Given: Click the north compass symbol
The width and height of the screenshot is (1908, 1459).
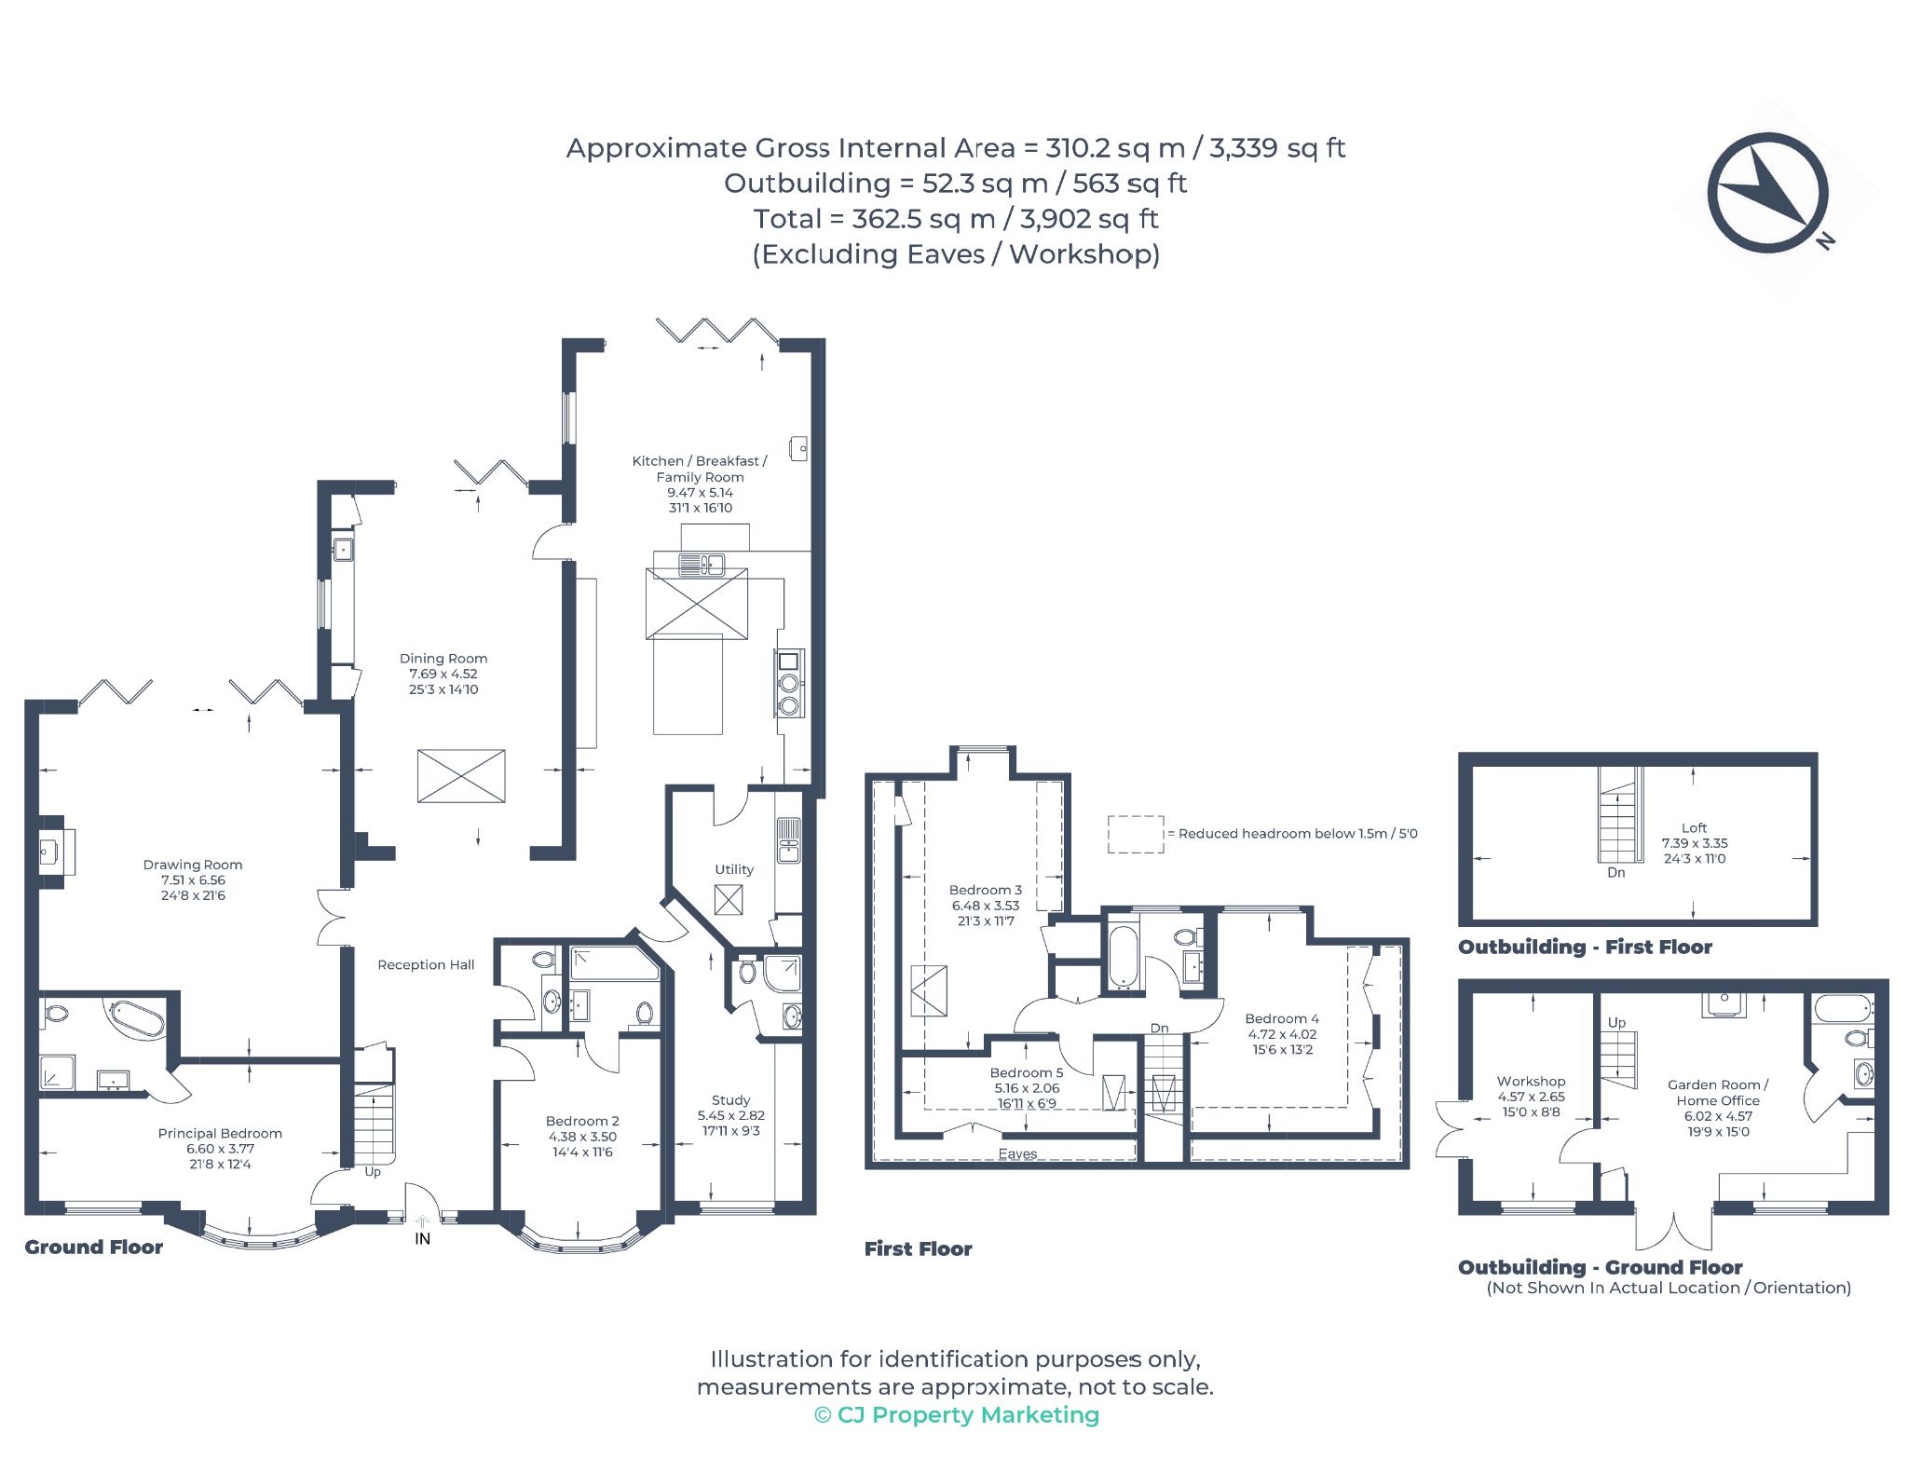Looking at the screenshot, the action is [x=1767, y=193].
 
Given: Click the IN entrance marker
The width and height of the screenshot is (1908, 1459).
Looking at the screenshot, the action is [x=423, y=1238].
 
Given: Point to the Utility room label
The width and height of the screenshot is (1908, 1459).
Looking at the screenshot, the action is [x=734, y=869].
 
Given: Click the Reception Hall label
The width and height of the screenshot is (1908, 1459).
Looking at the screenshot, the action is [x=426, y=964].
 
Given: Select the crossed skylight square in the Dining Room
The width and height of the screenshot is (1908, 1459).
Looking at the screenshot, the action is [x=461, y=776].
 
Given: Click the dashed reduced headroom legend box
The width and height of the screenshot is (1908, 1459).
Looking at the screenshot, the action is [x=1136, y=834].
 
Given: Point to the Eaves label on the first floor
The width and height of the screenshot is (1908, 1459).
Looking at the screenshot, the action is [x=1017, y=1153].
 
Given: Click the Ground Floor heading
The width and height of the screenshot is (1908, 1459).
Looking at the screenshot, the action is [x=93, y=1247].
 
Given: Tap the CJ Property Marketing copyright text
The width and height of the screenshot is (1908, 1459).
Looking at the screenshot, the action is [x=957, y=1414].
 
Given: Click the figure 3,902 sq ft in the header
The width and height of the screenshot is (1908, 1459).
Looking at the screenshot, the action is [x=1089, y=218].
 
